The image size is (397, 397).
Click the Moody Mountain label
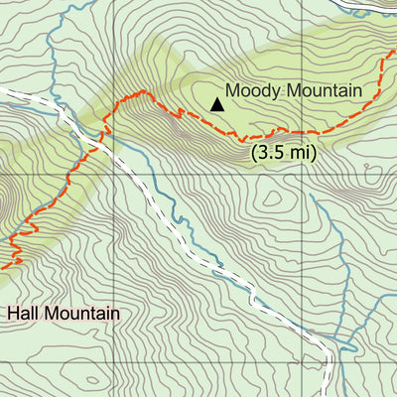pos(293,90)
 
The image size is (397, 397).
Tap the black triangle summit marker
pos(216,102)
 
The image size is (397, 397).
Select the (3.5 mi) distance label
pos(283,153)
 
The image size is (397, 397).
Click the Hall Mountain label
pos(65,314)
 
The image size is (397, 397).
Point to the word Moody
pos(252,90)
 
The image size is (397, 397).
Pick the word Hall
pos(25,314)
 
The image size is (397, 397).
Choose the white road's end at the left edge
pos(3,89)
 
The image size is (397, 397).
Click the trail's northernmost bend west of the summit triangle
pos(145,92)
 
